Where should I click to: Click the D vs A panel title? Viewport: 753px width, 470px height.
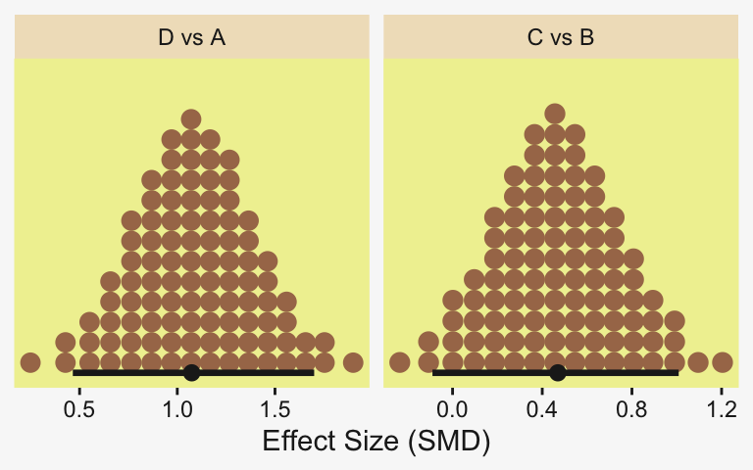[x=192, y=38]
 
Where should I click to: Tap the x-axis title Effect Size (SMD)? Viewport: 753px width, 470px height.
[x=376, y=442]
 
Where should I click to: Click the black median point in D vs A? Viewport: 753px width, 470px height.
[x=191, y=372]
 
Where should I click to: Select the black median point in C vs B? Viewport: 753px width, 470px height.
[x=558, y=372]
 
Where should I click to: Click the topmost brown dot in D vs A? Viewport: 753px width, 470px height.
[x=191, y=119]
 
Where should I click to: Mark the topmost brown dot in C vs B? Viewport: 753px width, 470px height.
[x=555, y=113]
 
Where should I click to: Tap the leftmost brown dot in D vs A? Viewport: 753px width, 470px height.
[x=30, y=362]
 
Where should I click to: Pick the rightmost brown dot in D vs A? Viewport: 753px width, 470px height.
[x=353, y=362]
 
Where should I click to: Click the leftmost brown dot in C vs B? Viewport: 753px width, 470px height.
[x=399, y=362]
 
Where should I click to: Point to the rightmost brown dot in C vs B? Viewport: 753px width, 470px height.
[x=723, y=362]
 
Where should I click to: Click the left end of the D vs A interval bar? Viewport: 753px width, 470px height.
[x=75, y=372]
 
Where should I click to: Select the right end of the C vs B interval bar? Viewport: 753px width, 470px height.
[x=678, y=372]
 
